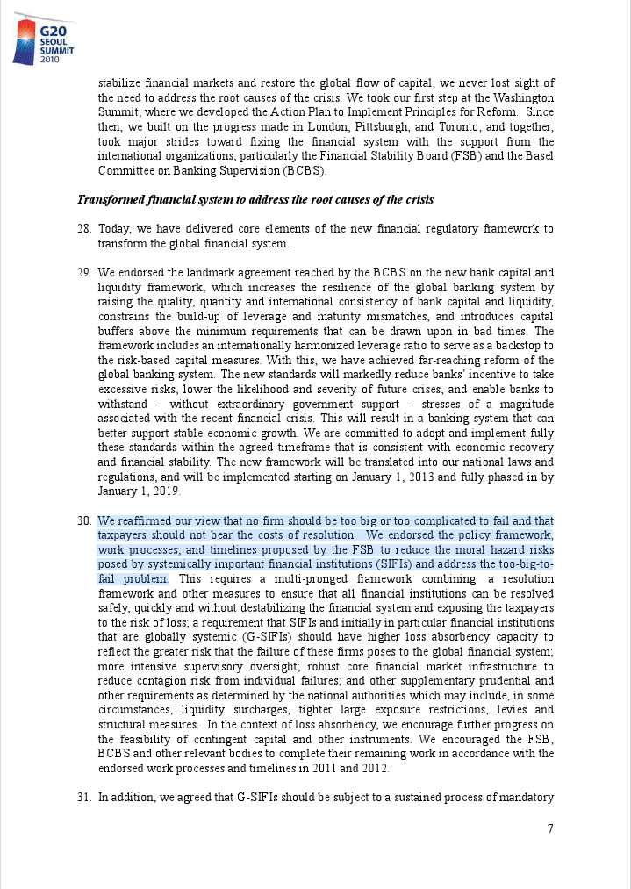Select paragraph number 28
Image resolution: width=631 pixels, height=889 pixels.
84,229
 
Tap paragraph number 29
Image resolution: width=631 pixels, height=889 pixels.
84,272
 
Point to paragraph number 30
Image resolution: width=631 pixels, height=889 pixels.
84,520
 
